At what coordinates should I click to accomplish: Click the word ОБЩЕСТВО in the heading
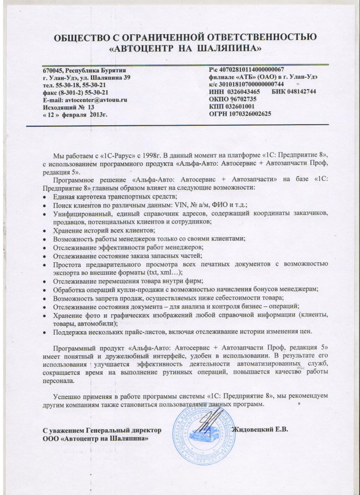pyautogui.click(x=80, y=38)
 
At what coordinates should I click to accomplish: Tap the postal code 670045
pyautogui.click(x=53, y=70)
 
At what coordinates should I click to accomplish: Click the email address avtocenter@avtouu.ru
pyautogui.click(x=96, y=99)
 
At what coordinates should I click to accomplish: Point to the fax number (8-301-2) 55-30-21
pyautogui.click(x=83, y=92)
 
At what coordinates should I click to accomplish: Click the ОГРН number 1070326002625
pyautogui.click(x=248, y=114)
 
